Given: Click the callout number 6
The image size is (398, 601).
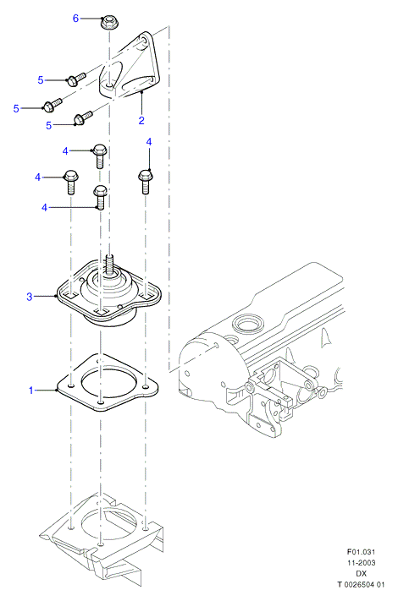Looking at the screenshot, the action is point(75,18).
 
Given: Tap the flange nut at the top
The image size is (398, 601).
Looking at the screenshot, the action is point(109,22).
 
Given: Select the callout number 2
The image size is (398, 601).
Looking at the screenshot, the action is point(141,120).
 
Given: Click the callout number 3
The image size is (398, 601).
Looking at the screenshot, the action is point(30,297).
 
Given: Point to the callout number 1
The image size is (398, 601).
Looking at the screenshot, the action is point(31,391).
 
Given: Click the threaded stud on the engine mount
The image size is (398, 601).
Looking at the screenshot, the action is point(109,265).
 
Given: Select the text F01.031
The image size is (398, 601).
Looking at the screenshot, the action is point(361,552).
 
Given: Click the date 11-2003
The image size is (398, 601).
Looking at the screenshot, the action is point(361,563).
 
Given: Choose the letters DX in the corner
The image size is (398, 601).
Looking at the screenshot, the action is point(361,573).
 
